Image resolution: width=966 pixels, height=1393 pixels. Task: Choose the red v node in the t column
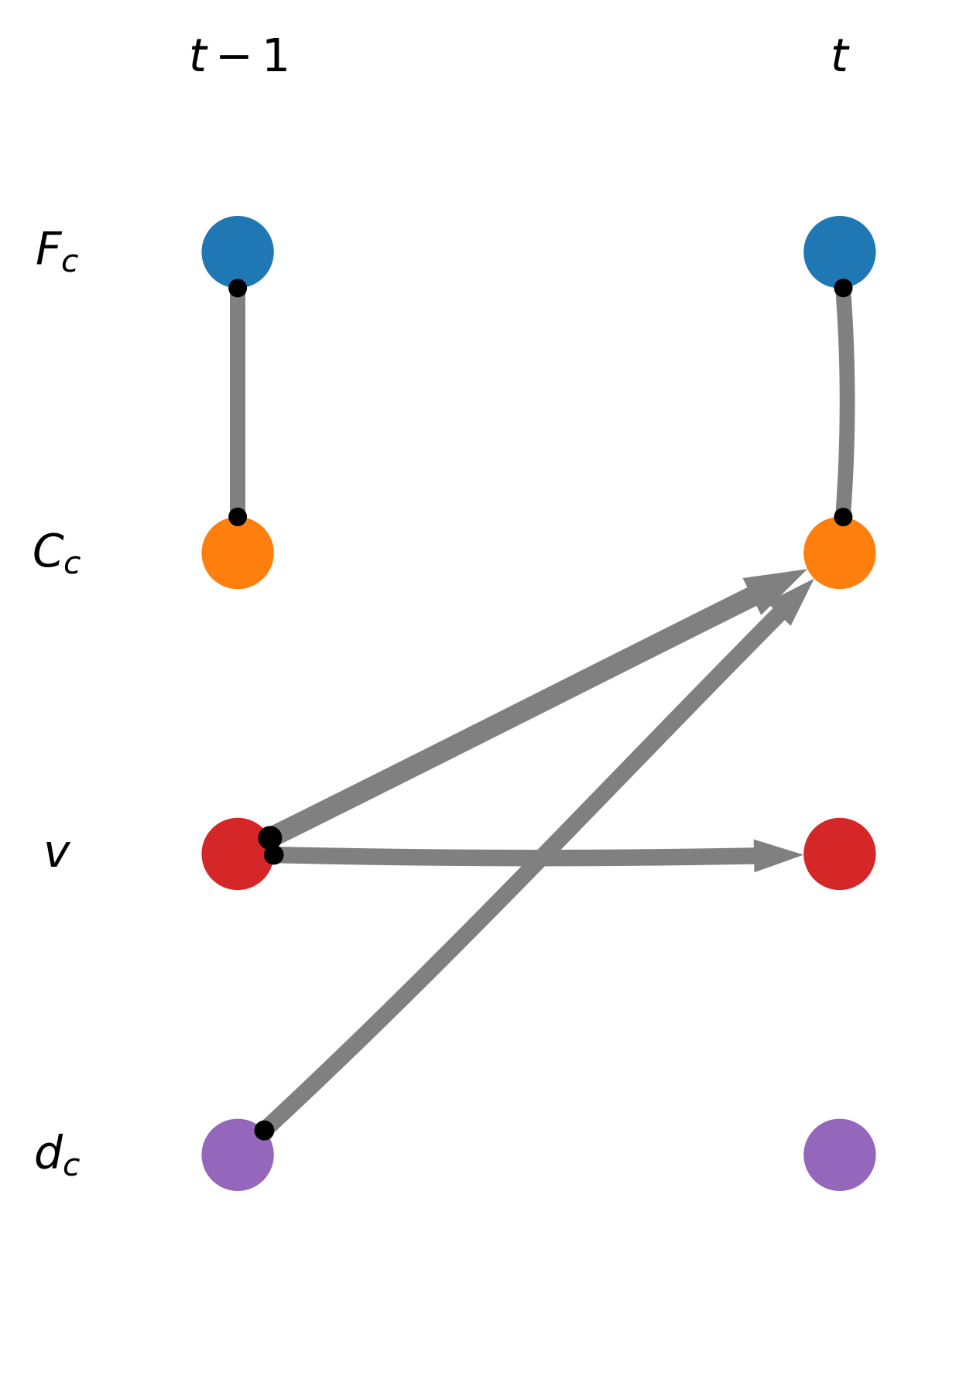click(x=839, y=854)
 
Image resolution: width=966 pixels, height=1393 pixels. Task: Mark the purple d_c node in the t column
click(x=839, y=1155)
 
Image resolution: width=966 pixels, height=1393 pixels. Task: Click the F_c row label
click(x=57, y=252)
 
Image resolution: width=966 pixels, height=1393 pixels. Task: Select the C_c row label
click(x=57, y=553)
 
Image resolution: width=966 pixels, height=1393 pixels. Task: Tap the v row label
click(x=57, y=854)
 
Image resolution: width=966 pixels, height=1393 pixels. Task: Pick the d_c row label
click(x=57, y=1155)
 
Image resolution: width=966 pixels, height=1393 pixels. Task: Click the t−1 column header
click(x=238, y=57)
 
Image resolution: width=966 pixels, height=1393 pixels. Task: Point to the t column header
click(x=839, y=57)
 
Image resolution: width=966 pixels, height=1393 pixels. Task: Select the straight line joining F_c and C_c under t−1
click(x=238, y=402)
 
